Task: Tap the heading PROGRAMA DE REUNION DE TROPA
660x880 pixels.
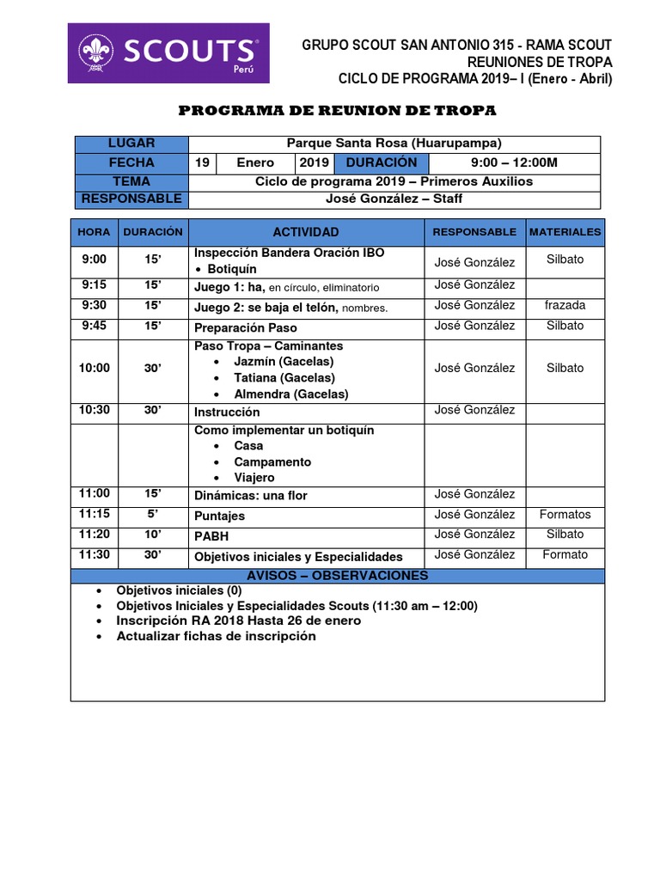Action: coord(336,111)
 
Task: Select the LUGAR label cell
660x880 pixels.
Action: coord(131,144)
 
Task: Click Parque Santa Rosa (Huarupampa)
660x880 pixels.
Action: coord(394,144)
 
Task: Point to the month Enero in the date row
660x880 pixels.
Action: coord(256,162)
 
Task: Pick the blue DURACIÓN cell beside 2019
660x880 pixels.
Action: coord(382,162)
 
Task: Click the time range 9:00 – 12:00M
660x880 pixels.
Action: coord(514,162)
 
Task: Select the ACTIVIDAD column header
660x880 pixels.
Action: coord(306,232)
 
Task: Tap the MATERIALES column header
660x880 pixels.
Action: coord(565,232)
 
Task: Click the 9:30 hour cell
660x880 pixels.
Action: coord(94,305)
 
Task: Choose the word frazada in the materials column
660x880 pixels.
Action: coord(565,305)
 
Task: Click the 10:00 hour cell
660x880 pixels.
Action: coord(94,368)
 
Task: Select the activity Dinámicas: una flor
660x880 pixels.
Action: coord(250,496)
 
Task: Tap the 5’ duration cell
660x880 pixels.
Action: coord(152,514)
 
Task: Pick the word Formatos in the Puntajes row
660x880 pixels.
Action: coord(565,515)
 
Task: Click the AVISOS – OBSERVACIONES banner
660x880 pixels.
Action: coord(337,576)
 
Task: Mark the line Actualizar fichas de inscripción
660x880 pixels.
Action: coord(216,637)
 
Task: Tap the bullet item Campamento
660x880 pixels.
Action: coord(272,461)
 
